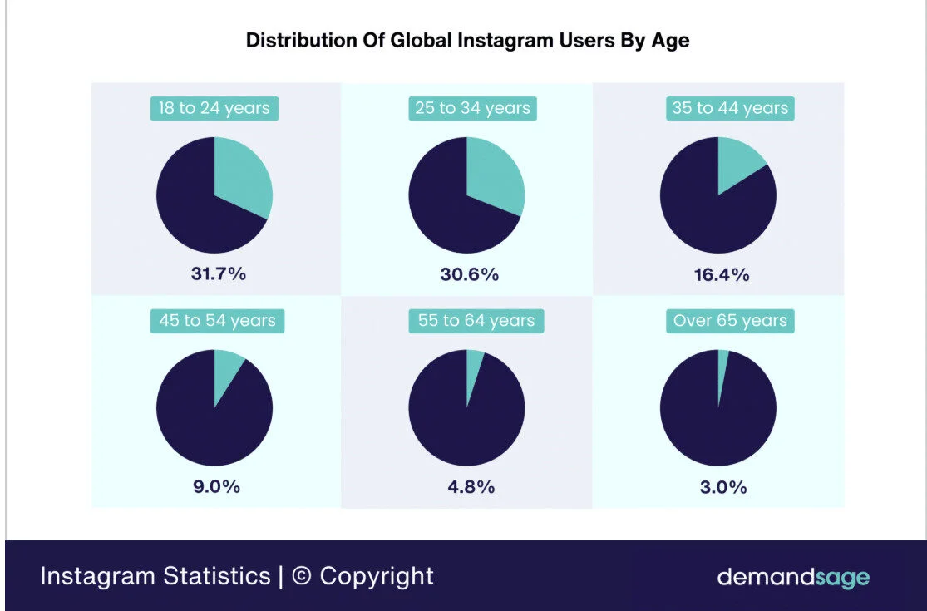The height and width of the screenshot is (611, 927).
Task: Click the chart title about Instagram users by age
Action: [467, 41]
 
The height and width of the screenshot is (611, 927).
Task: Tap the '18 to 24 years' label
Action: [214, 108]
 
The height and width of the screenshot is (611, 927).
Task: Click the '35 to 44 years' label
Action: [730, 108]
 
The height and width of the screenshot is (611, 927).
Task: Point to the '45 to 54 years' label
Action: [217, 321]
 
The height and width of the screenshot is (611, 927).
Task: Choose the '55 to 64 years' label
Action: [476, 321]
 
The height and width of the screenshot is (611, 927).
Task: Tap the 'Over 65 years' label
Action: [730, 321]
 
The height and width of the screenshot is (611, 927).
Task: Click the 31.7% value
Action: [218, 274]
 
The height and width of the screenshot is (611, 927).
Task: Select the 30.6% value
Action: [471, 274]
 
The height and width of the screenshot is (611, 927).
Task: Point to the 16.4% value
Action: [722, 274]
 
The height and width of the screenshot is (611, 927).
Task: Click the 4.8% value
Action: [471, 487]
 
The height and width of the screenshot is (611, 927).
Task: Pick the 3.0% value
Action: [722, 487]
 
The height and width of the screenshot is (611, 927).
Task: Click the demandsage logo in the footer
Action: [793, 577]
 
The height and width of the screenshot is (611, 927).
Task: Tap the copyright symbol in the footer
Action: [302, 577]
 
